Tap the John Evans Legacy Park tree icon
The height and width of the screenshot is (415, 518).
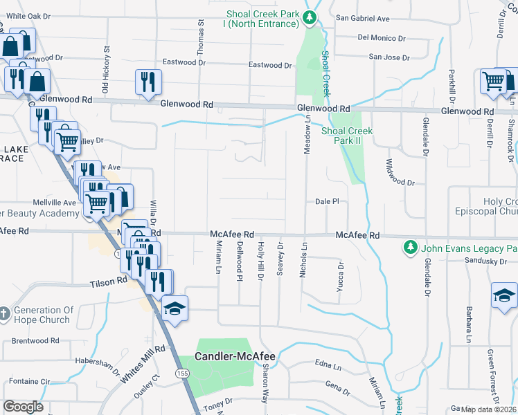pyautogui.click(x=410, y=247)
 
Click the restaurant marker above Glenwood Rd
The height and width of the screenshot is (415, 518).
pyautogui.click(x=148, y=82)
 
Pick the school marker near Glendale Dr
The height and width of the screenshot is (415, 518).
pyautogui.click(x=504, y=295)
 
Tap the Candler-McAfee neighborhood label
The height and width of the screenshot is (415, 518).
pyautogui.click(x=235, y=357)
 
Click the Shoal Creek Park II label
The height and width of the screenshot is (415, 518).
pyautogui.click(x=346, y=136)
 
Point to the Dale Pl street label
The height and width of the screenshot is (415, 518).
pyautogui.click(x=326, y=201)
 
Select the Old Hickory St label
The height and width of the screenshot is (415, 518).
pyautogui.click(x=106, y=70)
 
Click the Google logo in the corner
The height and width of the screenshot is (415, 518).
pyautogui.click(x=24, y=406)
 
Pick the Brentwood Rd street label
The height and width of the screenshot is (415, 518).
pyautogui.click(x=39, y=341)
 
